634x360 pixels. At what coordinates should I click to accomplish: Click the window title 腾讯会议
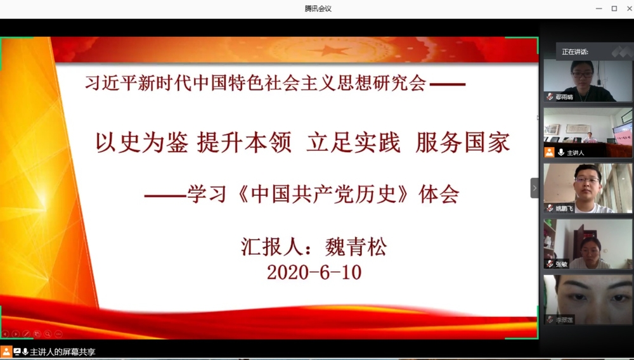318,8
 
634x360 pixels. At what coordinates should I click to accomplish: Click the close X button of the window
629,8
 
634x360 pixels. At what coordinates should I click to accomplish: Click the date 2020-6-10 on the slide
314,273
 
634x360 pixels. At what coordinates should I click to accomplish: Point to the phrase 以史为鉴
141,143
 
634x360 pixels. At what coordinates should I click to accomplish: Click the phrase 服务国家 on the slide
463,143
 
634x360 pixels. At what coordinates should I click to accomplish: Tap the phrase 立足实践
353,143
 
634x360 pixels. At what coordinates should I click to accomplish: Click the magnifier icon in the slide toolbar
48,333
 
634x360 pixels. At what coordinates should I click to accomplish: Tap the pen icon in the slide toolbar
26,333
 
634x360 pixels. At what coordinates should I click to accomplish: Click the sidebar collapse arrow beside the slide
534,188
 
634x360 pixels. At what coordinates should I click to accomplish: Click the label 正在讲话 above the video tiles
575,52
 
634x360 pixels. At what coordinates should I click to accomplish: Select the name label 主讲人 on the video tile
575,153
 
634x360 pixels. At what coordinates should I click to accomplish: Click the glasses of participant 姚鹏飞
586,180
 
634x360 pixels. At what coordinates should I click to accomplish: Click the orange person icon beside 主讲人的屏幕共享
6,351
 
